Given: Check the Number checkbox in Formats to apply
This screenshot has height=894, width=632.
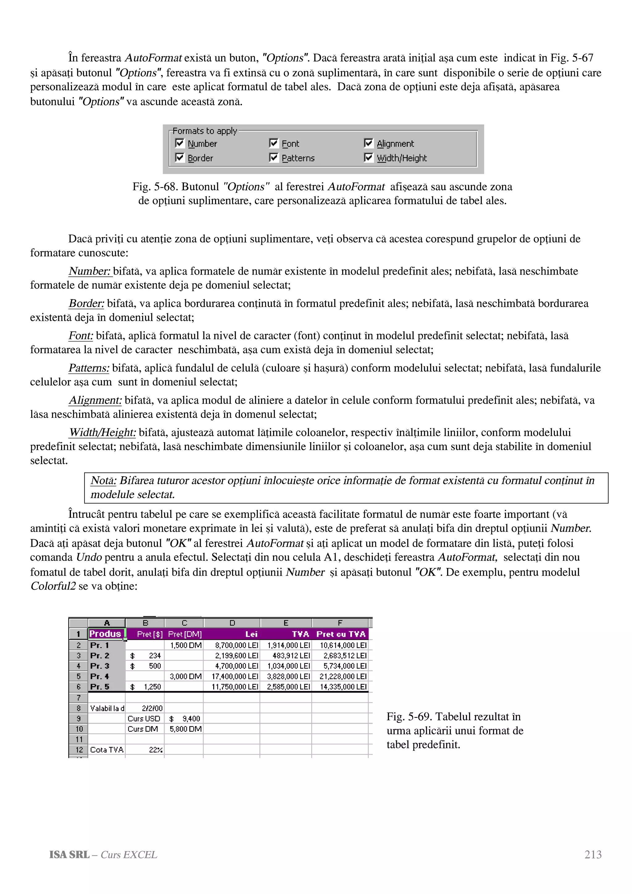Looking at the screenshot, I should (x=180, y=143).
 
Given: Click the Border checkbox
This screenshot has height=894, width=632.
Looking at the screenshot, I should (x=180, y=158).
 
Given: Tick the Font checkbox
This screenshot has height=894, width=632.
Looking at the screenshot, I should (x=274, y=143).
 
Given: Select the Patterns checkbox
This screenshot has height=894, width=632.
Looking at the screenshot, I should (x=274, y=158).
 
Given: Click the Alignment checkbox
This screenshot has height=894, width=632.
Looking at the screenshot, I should (x=368, y=143).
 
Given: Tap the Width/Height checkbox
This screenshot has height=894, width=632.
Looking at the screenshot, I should (x=368, y=158).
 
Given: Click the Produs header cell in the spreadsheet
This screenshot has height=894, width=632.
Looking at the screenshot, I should (x=106, y=634).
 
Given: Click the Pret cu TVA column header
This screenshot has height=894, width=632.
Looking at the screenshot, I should (x=341, y=634).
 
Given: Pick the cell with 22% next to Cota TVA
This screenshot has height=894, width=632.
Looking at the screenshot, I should (x=155, y=750).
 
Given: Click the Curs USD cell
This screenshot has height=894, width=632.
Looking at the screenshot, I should (x=144, y=718).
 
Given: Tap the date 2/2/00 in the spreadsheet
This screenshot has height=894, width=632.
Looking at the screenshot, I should (x=152, y=708).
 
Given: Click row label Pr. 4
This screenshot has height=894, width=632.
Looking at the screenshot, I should (x=100, y=676).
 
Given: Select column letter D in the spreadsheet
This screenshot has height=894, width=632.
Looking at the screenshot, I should (x=232, y=623).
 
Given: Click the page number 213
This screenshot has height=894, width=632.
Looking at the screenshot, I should (x=593, y=855).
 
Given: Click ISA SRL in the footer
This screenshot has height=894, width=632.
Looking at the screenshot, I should (x=69, y=855).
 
